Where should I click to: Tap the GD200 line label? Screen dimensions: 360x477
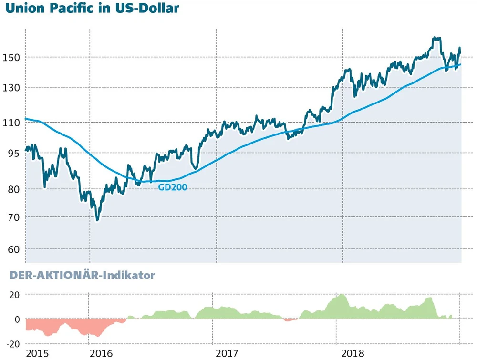pyautogui.click(x=173, y=187)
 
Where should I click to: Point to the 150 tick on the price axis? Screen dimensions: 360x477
pyautogui.click(x=11, y=57)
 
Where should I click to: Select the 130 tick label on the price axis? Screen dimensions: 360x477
pyautogui.click(x=11, y=88)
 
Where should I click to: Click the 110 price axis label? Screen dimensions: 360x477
pyautogui.click(x=11, y=123)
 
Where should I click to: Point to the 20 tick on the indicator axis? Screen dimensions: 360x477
pyautogui.click(x=14, y=295)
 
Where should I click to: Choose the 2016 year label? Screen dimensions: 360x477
pyautogui.click(x=102, y=353)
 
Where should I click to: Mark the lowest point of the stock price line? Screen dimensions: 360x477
pyautogui.click(x=97, y=220)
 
